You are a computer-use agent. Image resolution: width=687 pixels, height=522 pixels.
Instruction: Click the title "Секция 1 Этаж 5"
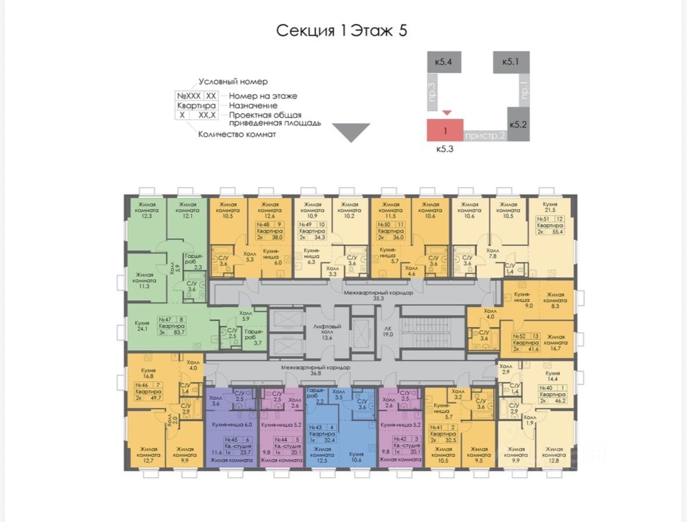(x=341, y=30)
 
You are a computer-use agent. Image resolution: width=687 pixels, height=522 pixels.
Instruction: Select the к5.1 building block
(x=511, y=61)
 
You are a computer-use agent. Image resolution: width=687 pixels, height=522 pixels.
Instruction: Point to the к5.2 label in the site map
(x=518, y=125)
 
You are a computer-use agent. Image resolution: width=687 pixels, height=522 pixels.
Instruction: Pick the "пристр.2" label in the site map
(x=485, y=136)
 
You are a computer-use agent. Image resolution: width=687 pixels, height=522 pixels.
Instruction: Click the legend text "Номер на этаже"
(x=263, y=96)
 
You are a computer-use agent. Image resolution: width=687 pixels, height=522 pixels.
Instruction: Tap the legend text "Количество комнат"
(x=237, y=134)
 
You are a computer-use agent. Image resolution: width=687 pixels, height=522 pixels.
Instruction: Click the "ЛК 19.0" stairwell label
(x=386, y=330)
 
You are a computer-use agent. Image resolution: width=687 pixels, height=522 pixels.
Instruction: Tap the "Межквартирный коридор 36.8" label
(x=315, y=371)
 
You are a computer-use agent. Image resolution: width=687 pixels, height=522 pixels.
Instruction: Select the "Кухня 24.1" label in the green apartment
(x=142, y=326)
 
